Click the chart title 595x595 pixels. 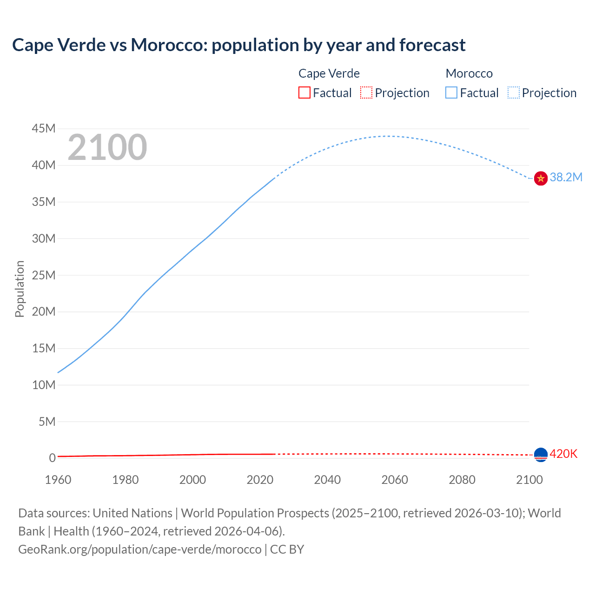point(238,45)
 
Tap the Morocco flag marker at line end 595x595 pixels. point(541,178)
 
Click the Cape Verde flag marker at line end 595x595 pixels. point(541,455)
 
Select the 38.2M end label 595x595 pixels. point(566,177)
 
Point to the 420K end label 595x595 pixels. point(563,454)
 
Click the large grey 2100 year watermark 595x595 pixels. point(107,147)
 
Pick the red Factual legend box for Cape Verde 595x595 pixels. point(304,93)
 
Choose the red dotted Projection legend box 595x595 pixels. point(366,93)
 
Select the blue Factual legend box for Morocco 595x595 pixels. point(451,93)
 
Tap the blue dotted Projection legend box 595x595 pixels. point(514,93)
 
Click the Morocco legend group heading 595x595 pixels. point(469,73)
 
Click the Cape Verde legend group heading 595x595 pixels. point(329,73)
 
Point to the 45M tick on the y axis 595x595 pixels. point(44,128)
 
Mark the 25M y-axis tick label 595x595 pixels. point(44,275)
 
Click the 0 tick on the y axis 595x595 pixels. point(52,458)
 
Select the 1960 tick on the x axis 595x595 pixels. point(58,480)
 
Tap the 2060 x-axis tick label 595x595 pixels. point(395,480)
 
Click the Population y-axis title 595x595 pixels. point(20,289)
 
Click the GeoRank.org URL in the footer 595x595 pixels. point(139,549)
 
